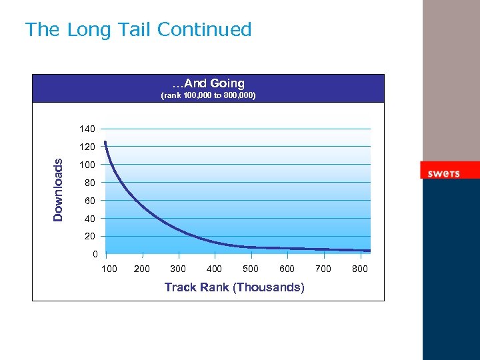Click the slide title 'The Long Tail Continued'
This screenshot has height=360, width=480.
coord(138,30)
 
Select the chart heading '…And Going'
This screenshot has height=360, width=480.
coord(209,83)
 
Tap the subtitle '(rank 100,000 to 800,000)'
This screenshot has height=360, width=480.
coord(209,96)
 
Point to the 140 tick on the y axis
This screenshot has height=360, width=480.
coord(87,129)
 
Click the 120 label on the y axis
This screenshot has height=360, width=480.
coord(87,147)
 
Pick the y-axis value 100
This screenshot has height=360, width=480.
coord(87,165)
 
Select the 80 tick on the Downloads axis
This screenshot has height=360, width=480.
coord(89,183)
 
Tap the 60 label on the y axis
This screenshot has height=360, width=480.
coord(89,201)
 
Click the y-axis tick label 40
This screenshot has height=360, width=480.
coord(89,219)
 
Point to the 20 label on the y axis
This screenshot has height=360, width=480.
coord(89,237)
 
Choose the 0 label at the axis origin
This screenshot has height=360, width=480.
coord(95,254)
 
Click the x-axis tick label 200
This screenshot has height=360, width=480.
coord(142,269)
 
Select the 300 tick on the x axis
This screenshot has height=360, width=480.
coord(178,269)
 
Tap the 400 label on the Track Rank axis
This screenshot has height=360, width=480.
coord(215,269)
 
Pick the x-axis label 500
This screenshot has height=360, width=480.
coord(251,269)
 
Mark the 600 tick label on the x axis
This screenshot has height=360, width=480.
coord(287,269)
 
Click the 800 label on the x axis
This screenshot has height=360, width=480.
coord(359,269)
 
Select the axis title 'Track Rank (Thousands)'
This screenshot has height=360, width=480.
coord(234,287)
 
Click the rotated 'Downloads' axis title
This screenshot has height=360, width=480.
coord(59,190)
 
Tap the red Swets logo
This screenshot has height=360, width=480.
coord(443,173)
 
